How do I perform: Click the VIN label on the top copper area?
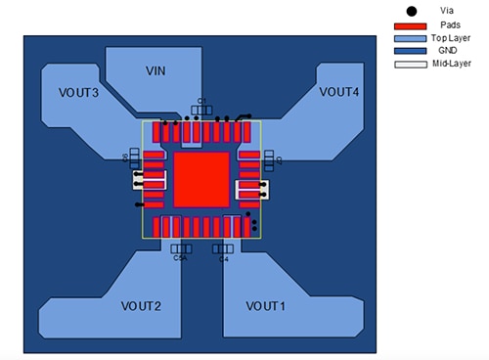(155, 71)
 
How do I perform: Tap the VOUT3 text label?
(79, 92)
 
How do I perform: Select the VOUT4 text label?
(339, 91)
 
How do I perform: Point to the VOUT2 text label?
(142, 306)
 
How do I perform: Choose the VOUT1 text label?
(265, 306)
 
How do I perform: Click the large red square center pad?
(201, 179)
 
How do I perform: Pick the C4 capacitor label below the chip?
(224, 259)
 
